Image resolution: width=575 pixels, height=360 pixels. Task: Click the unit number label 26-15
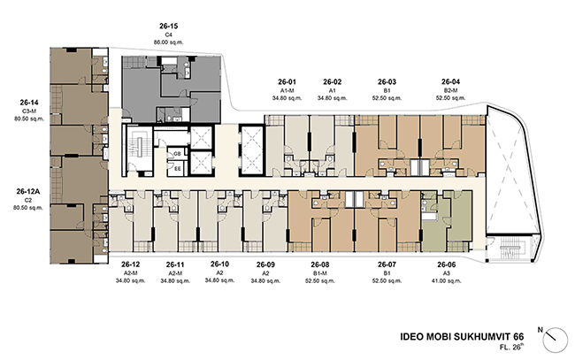point(168,26)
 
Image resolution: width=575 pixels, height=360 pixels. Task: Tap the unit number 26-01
point(287,81)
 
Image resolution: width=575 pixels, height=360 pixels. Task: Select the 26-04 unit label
point(450,81)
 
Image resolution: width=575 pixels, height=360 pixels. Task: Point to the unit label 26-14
point(29,103)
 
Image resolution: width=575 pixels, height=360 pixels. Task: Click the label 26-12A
point(28,191)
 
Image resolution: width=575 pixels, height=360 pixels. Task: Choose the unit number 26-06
point(446,264)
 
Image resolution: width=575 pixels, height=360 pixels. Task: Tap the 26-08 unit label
point(320,264)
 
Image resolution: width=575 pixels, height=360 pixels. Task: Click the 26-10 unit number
point(219,264)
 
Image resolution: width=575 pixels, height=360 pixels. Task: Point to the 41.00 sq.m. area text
point(446,280)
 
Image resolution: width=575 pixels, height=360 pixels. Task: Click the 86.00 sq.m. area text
point(168,42)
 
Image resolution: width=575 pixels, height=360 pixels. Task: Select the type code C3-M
point(29,111)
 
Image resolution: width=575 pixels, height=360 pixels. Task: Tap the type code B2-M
point(450,90)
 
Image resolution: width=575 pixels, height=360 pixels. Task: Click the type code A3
point(446,273)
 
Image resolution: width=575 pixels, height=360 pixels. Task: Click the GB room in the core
point(177,154)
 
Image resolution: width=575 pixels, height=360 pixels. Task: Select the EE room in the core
point(177,169)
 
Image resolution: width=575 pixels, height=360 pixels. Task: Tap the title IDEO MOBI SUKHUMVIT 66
point(462,336)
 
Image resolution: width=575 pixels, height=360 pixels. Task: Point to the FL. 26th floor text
point(511,347)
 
